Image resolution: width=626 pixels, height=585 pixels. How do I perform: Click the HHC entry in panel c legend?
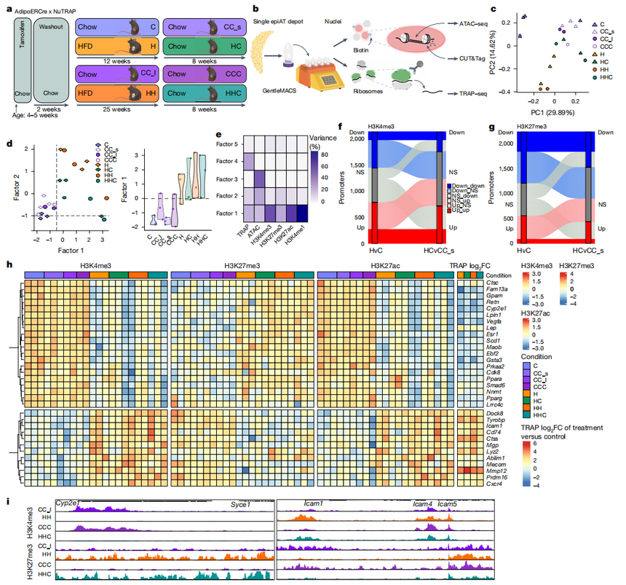603,76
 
